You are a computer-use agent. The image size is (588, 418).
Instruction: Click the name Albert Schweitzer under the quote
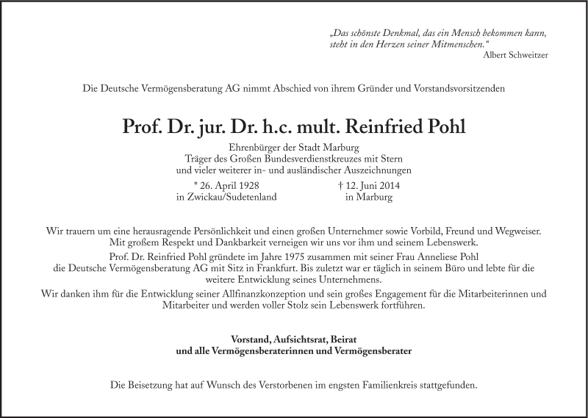point(516,55)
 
